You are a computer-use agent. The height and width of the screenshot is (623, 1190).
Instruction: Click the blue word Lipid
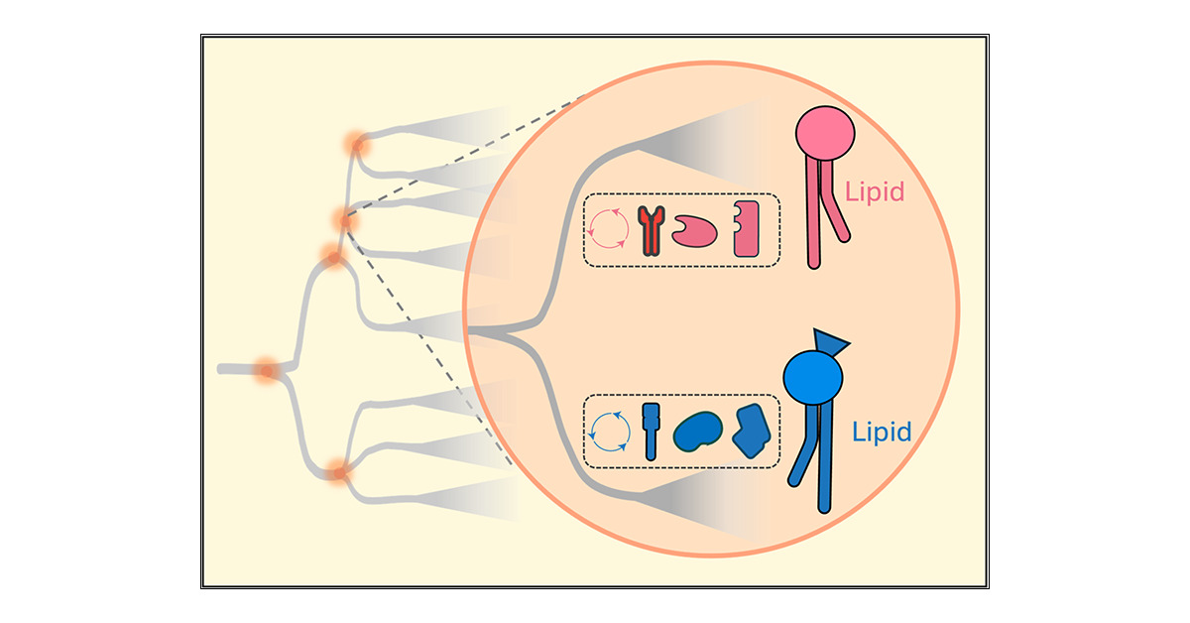point(882,434)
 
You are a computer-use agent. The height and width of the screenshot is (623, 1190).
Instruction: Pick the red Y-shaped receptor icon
point(651,231)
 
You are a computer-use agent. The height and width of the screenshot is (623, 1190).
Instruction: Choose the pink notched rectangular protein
point(747,231)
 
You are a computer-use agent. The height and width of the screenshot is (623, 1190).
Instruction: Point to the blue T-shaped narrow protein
point(651,431)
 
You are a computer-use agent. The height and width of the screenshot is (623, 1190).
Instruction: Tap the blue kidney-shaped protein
point(698,432)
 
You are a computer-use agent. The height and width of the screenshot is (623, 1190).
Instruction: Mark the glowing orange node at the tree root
point(266,371)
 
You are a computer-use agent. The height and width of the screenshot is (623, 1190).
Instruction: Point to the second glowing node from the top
point(345,220)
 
